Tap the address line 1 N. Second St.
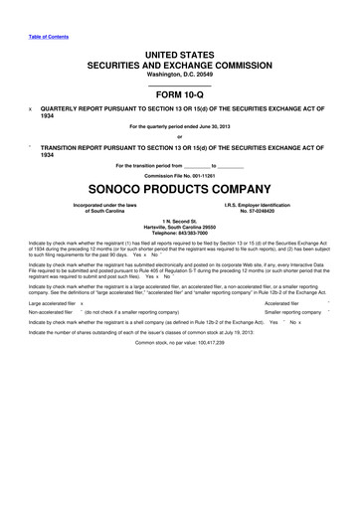point(180,221)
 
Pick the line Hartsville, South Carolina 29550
point(180,227)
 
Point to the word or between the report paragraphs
point(180,137)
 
